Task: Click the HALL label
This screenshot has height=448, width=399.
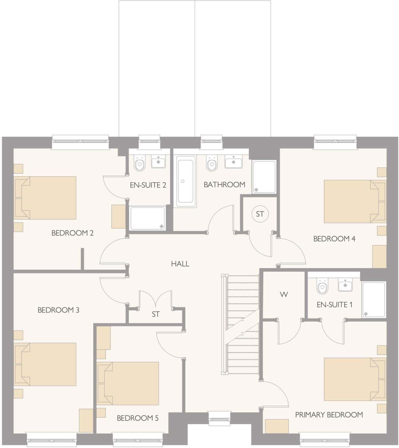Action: point(180,264)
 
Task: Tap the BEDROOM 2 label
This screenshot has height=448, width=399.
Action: point(72,233)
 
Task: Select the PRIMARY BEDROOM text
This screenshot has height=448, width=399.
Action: point(329,415)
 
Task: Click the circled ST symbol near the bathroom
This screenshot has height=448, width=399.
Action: point(259,214)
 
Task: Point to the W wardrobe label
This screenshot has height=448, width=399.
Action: point(284,295)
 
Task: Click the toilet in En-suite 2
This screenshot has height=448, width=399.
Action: point(140,164)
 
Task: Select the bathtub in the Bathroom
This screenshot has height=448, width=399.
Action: point(186,181)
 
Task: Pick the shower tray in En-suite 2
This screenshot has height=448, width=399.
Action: point(148,218)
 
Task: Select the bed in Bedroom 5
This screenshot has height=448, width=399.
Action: point(128,383)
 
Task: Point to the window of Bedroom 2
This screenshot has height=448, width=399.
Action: point(80,141)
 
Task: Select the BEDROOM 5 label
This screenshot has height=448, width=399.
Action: point(138,418)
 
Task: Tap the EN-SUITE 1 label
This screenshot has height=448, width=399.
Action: point(334,305)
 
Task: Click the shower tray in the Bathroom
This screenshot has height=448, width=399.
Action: point(264,176)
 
